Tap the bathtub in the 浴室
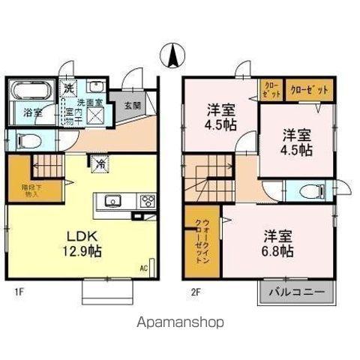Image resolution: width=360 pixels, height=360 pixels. click(31, 93)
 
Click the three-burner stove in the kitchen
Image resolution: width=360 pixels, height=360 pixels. click(148, 200)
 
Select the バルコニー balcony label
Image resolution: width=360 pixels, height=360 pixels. click(297, 292)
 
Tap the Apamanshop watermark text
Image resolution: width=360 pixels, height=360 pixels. click(180, 322)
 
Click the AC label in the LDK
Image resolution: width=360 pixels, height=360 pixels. click(143, 268)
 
